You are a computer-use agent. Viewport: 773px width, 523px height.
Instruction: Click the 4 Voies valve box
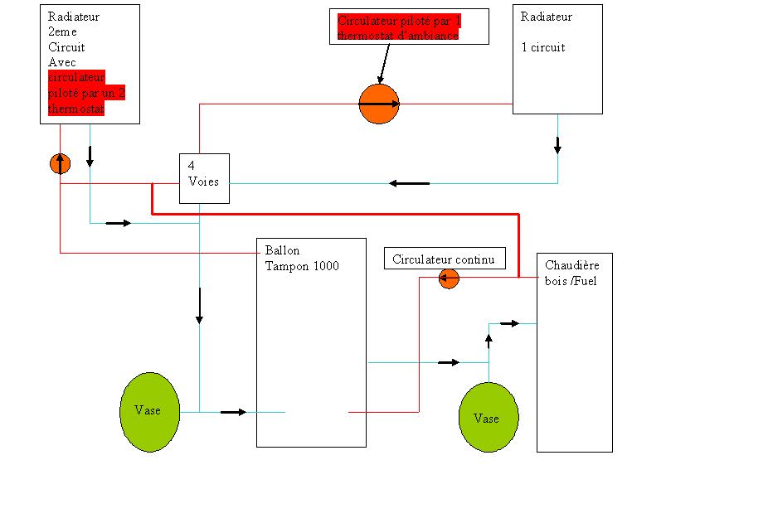tap(204, 177)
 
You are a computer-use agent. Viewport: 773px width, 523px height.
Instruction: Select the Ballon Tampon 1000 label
tap(302, 259)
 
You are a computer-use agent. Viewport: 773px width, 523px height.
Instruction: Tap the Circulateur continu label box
tap(444, 259)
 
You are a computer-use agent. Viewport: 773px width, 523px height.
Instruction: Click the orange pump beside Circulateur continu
tap(449, 278)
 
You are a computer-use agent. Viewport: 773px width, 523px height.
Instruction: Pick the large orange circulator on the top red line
tap(379, 104)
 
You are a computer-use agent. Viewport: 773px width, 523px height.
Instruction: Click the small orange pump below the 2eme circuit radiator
tap(60, 163)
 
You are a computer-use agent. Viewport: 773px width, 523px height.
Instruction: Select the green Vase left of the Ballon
tap(149, 411)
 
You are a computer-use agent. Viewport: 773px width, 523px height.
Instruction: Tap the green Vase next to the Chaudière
tap(488, 418)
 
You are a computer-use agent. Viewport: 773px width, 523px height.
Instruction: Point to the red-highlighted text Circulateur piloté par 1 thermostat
tap(399, 27)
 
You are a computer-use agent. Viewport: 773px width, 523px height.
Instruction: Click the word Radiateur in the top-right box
tap(547, 17)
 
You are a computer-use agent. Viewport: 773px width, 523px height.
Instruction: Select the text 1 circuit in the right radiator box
tap(543, 47)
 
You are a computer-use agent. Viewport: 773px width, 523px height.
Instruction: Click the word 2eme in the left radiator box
tap(62, 32)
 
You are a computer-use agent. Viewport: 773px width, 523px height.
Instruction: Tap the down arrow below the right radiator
tap(557, 145)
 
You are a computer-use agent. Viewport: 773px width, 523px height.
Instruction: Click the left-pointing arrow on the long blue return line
tap(410, 182)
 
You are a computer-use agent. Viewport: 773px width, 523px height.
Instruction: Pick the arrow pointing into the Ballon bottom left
tap(234, 412)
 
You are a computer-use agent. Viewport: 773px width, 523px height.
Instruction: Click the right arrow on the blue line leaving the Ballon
tap(449, 362)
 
